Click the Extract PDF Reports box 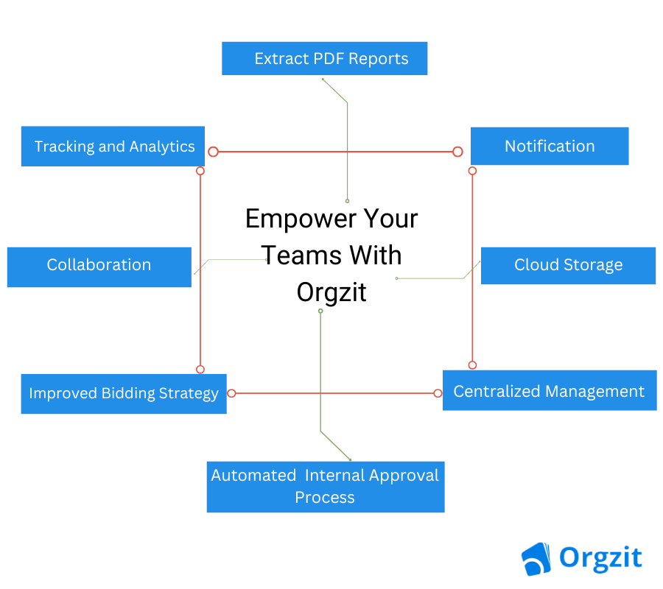tap(324, 58)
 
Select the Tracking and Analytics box tap(113, 147)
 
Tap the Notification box tap(550, 147)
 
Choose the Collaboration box tap(99, 267)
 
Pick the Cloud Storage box tap(568, 266)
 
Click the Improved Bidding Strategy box tap(124, 394)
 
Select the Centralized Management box tap(550, 390)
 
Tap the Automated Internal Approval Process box tap(326, 487)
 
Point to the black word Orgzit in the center tap(331, 293)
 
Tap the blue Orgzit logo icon tap(536, 559)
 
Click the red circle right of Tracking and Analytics tap(213, 152)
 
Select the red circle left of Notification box tap(457, 152)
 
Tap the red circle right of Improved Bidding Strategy tap(231, 393)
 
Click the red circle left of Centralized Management tap(438, 393)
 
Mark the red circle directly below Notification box tap(472, 171)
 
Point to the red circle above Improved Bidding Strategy tap(200, 370)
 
